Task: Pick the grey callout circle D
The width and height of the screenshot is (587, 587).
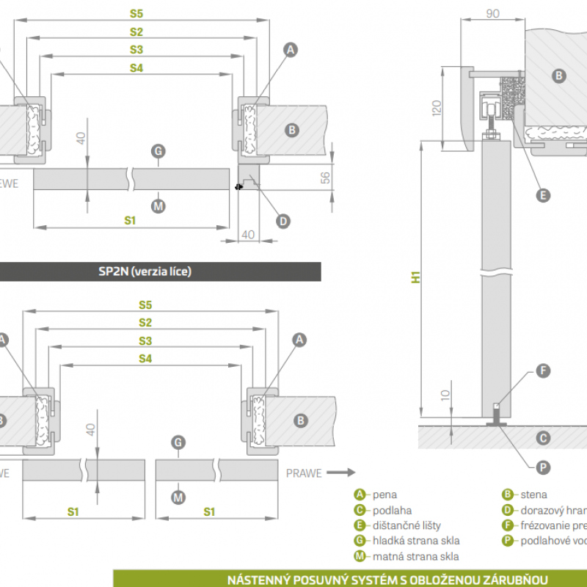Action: pyautogui.click(x=283, y=219)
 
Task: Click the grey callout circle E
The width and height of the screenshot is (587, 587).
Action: pyautogui.click(x=543, y=195)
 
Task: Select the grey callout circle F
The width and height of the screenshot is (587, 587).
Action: pyautogui.click(x=543, y=371)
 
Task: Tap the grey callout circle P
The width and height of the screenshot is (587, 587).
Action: pyautogui.click(x=543, y=467)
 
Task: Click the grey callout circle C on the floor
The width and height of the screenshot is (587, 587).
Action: pyautogui.click(x=543, y=438)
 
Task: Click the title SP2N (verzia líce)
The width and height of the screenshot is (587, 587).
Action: pyautogui.click(x=145, y=271)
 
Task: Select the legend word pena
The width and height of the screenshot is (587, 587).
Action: pyautogui.click(x=385, y=495)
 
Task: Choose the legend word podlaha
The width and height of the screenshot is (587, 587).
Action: pyautogui.click(x=393, y=510)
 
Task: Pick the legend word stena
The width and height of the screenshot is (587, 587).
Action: pyautogui.click(x=534, y=495)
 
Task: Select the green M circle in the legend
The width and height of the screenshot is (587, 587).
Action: pyautogui.click(x=360, y=556)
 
